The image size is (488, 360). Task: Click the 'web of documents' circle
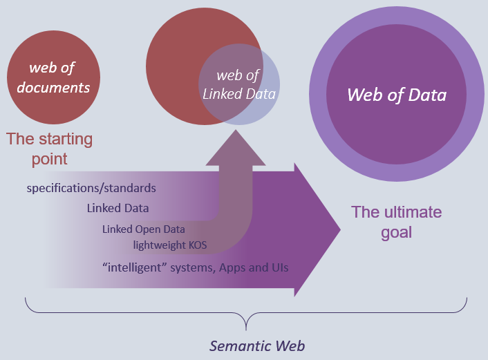(x=53, y=77)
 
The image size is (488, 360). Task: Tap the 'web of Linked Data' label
(x=239, y=85)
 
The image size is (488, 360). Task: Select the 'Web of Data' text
(x=397, y=95)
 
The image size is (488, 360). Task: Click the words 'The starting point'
(x=49, y=149)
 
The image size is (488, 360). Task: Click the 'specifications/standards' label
(x=91, y=188)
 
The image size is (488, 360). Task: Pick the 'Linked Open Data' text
(x=144, y=229)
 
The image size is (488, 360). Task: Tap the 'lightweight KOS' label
(x=169, y=245)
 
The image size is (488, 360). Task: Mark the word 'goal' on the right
(x=396, y=232)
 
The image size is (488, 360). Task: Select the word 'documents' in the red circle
(x=53, y=87)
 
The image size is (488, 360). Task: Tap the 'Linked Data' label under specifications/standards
(x=118, y=208)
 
